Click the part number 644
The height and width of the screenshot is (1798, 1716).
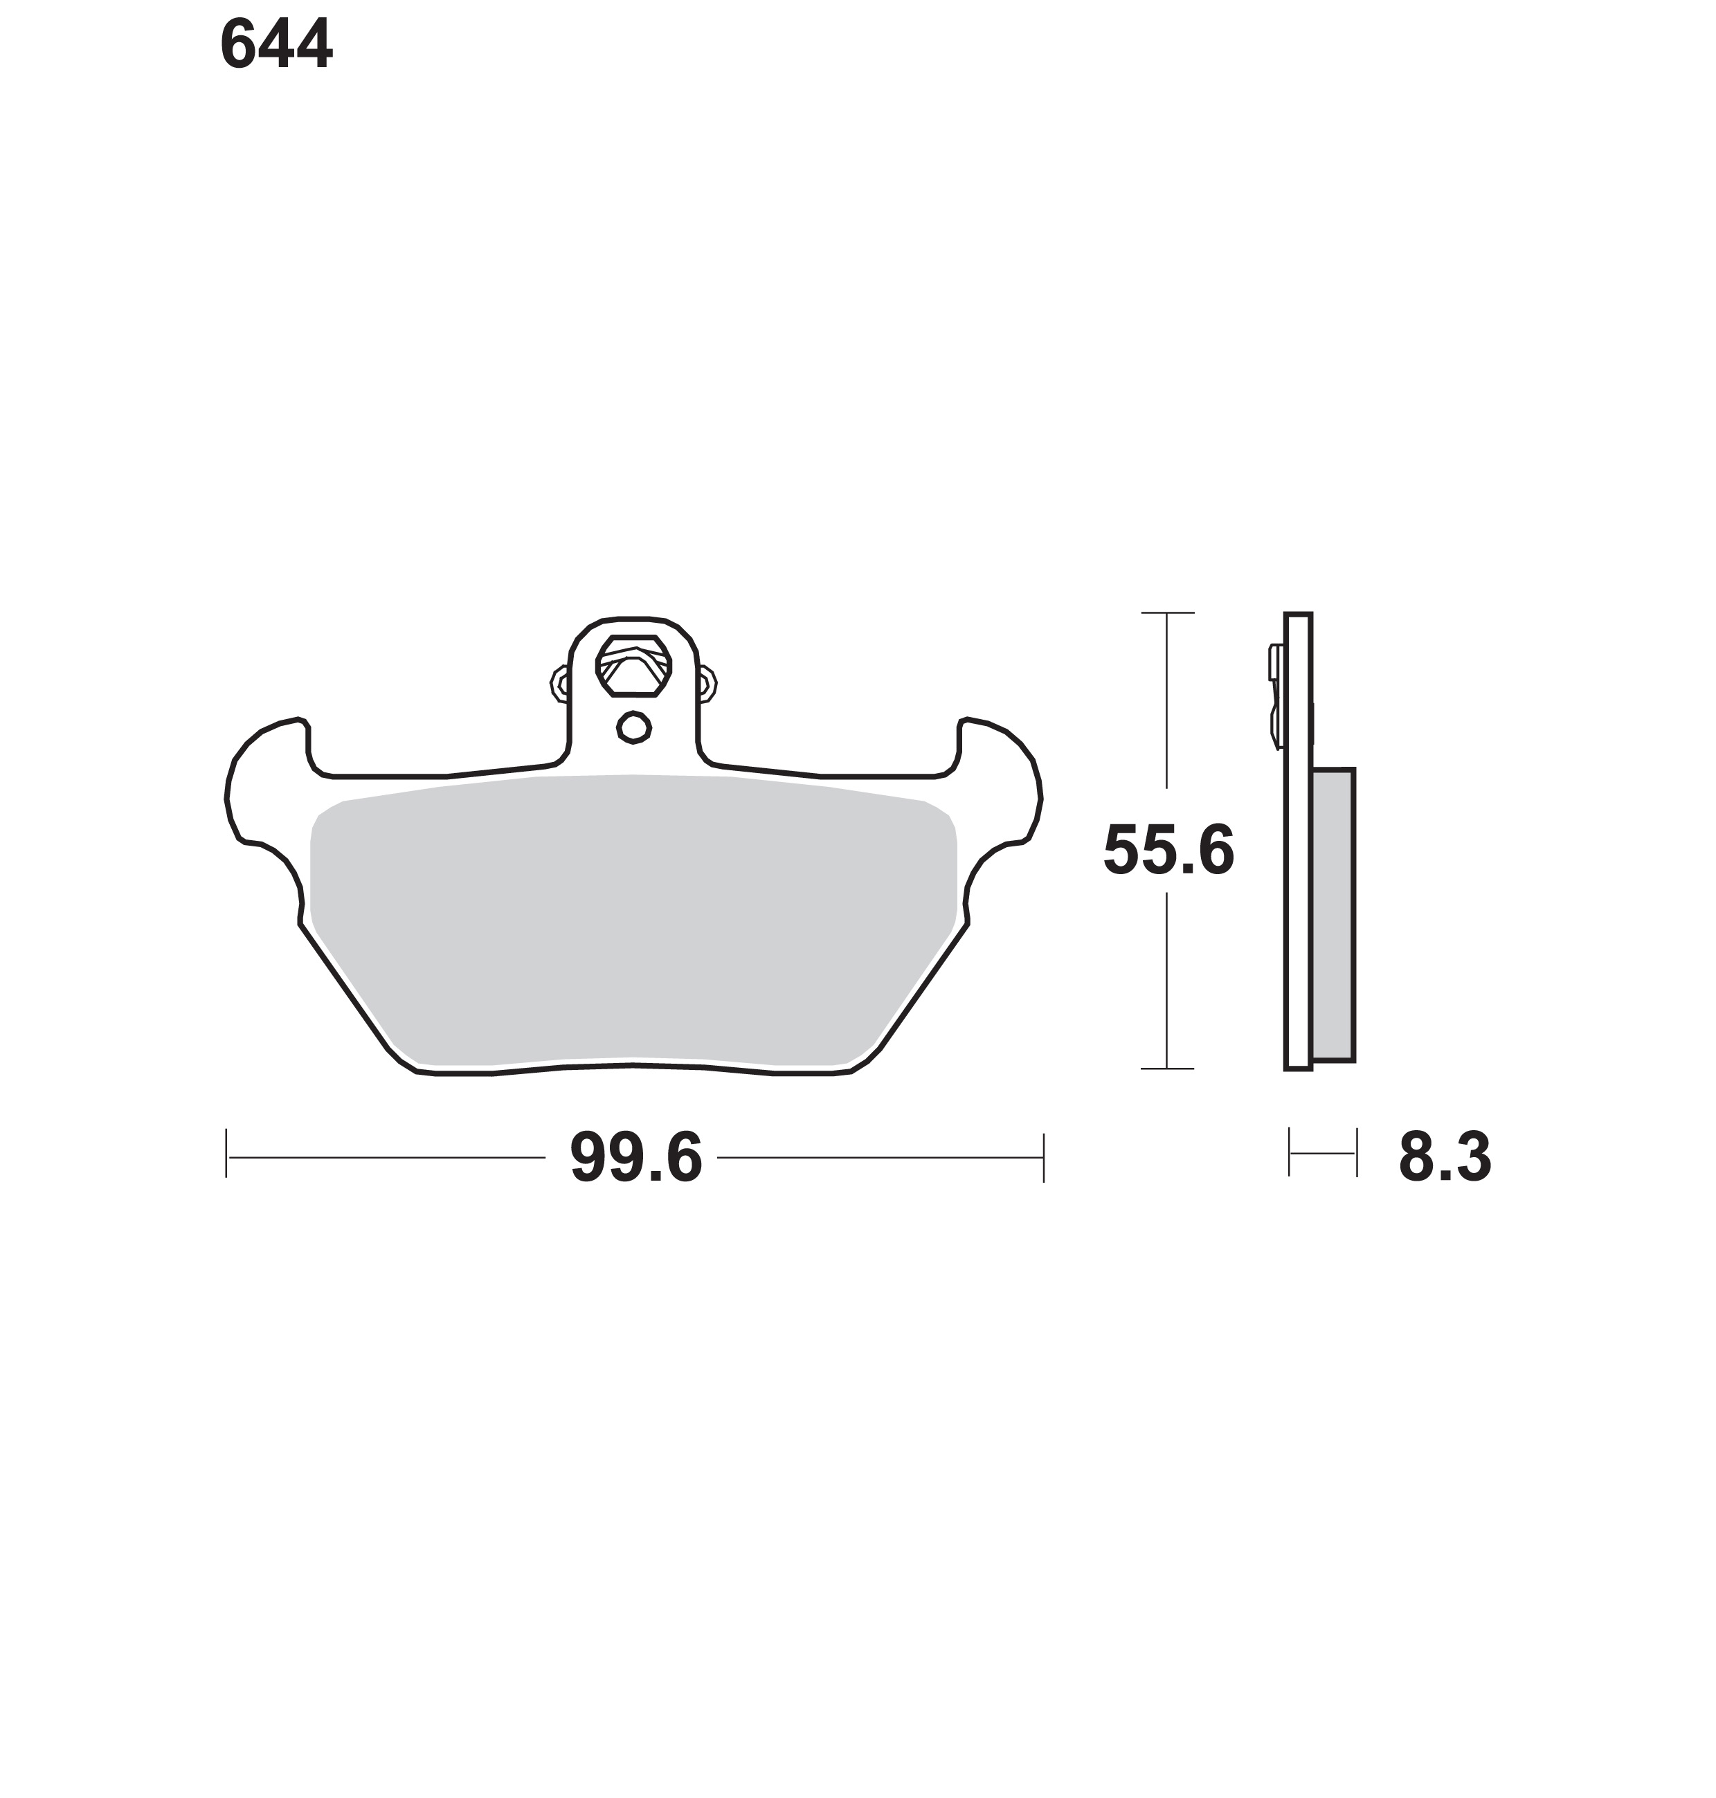pos(276,45)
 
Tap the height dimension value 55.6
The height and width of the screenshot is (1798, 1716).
pos(1169,851)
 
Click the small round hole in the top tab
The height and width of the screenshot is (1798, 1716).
pos(634,728)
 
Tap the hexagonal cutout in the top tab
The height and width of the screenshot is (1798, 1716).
pos(634,666)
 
